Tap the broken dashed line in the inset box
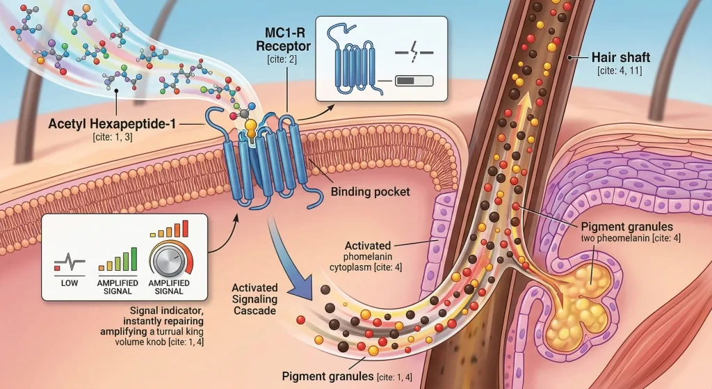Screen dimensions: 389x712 (x=412, y=51)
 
